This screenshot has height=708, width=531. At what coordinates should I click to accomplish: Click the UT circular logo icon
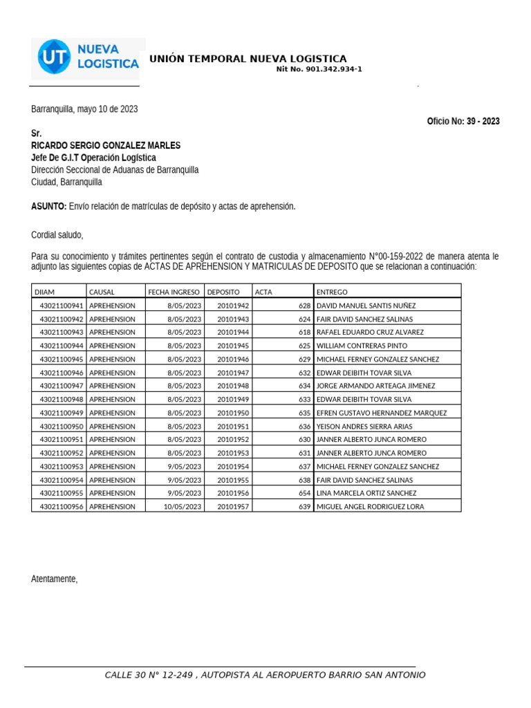point(53,57)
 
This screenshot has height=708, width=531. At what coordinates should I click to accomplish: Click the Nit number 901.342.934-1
point(319,69)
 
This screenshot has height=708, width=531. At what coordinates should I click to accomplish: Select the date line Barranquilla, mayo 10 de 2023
point(84,109)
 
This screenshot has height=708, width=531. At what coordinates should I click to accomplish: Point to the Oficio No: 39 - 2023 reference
point(463,121)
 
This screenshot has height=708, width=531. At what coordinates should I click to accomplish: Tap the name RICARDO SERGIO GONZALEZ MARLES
point(106,145)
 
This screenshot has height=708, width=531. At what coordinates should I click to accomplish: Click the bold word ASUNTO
point(48,207)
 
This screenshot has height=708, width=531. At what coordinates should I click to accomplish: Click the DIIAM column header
point(44,292)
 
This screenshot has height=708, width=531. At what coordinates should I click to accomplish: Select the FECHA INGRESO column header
point(174,292)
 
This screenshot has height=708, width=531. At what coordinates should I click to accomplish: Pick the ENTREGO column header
point(332,292)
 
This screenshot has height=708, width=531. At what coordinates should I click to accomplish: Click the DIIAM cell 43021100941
point(62,306)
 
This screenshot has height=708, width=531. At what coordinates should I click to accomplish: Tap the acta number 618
point(304,332)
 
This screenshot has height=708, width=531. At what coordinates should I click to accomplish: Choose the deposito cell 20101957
point(233,507)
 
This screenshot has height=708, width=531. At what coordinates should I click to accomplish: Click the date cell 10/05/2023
point(183,507)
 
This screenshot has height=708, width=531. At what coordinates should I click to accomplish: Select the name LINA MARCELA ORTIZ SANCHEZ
point(366,494)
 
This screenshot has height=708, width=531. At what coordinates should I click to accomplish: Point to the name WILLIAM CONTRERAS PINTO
point(362,346)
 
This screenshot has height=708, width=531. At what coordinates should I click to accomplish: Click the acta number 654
point(304,494)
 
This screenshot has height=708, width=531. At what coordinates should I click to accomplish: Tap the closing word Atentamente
point(55,579)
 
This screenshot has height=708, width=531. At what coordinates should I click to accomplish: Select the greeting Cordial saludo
point(57,235)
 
